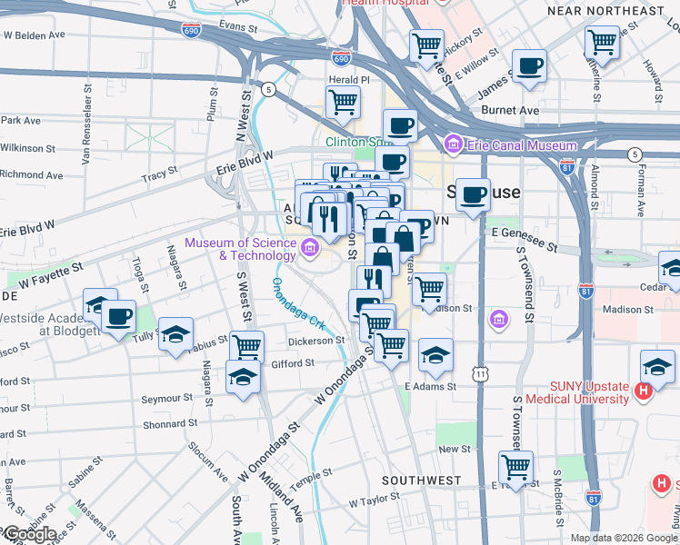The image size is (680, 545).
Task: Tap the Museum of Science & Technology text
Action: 241,249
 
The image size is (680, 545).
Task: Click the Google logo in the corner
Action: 29,534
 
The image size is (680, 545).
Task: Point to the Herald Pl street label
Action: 349,80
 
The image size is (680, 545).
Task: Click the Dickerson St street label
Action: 316,342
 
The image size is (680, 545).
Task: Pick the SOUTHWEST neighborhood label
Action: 422,480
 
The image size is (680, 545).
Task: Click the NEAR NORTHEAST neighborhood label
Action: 606,11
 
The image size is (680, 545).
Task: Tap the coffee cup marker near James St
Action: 528,66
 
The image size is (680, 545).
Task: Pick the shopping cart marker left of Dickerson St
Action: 245,346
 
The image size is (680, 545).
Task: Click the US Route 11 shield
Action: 479,374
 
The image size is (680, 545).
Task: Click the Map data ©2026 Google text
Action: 624,538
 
